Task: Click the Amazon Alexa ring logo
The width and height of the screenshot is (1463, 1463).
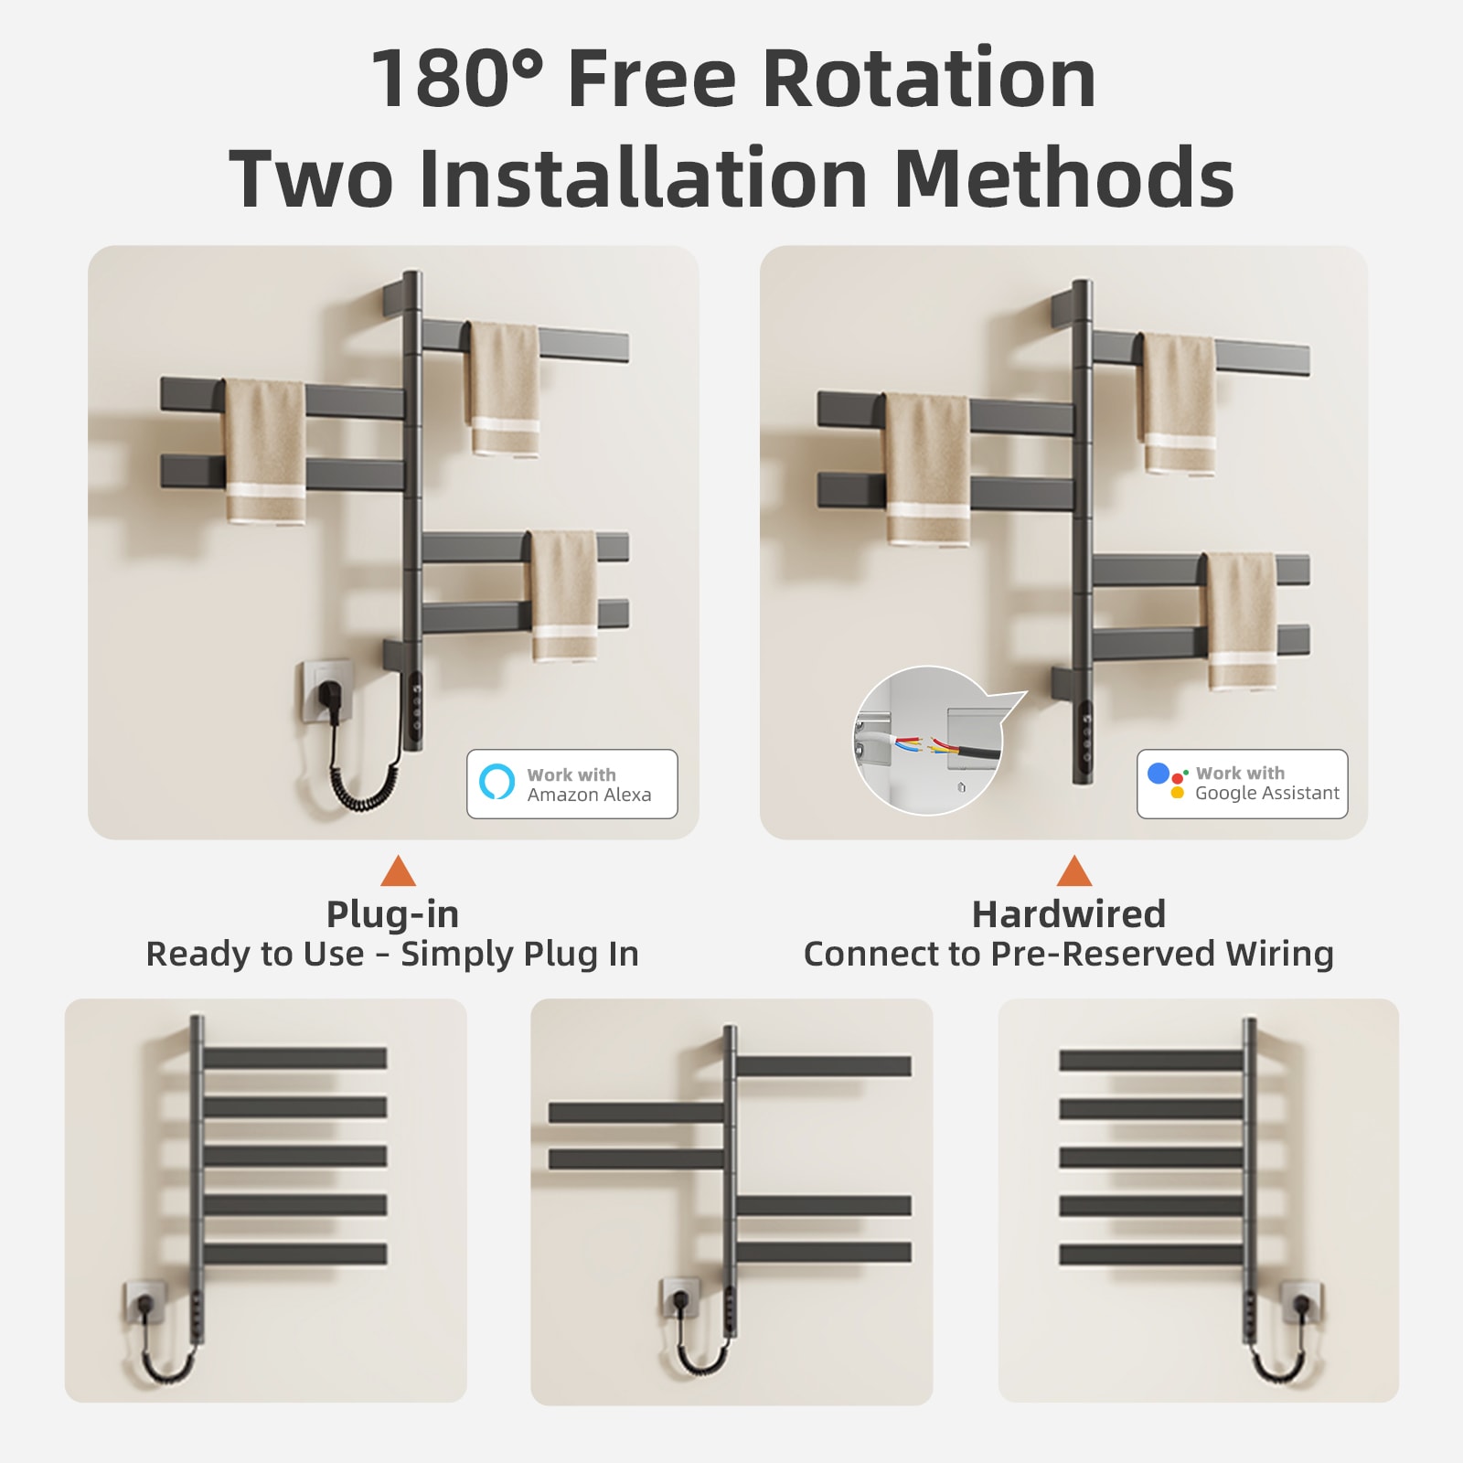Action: point(497,781)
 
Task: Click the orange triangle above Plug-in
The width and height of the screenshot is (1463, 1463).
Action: point(398,870)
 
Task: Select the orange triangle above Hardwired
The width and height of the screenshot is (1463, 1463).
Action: point(1074,870)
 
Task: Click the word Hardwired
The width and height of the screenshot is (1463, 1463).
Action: point(1069,913)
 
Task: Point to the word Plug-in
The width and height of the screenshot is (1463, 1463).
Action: point(392,913)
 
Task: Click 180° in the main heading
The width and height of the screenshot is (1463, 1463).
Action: point(457,79)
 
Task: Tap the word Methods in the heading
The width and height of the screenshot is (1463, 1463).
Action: point(1065,177)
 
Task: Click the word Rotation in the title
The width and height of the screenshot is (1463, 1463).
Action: point(929,79)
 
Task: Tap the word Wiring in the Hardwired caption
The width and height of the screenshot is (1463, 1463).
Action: point(1279,954)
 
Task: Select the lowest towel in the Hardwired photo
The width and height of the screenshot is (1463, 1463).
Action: point(1242,622)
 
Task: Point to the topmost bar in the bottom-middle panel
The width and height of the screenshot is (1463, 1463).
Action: point(824,1066)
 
